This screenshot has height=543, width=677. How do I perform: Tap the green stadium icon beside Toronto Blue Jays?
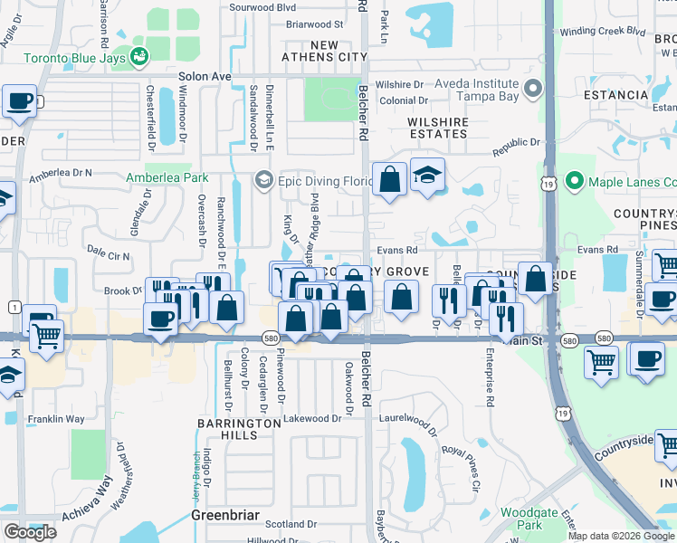139,56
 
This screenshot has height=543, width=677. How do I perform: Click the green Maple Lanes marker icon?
573,181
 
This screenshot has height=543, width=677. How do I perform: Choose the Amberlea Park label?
167,177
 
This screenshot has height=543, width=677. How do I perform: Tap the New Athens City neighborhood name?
326,51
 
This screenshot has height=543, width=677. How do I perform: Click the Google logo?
30,532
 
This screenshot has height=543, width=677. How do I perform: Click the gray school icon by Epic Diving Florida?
263,180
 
